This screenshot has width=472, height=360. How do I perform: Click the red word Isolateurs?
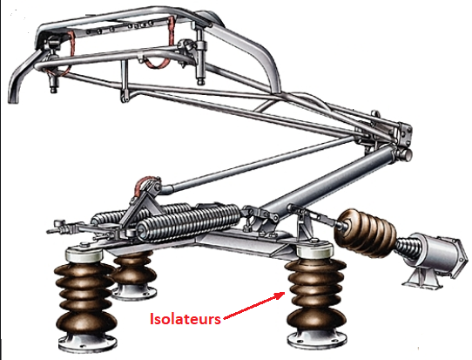[x=185, y=319]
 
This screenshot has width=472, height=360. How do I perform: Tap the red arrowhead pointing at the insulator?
[x=280, y=295]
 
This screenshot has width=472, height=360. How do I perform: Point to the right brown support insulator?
[x=316, y=296]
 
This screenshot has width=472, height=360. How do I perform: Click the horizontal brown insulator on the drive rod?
[x=365, y=233]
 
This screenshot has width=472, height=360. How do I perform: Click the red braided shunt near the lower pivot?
[x=144, y=184]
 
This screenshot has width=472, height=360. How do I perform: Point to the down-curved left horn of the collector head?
[x=23, y=77]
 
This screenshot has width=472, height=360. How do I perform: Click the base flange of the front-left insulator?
[x=87, y=343]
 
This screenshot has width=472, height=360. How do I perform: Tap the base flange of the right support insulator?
[x=316, y=340]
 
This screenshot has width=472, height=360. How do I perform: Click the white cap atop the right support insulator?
[x=314, y=251]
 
